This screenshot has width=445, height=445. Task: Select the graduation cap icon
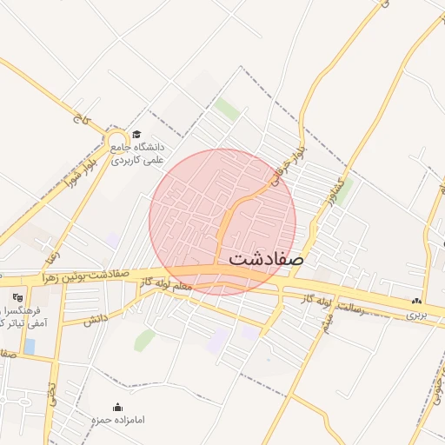click(x=136, y=134)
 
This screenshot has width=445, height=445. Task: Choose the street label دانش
click(x=95, y=319)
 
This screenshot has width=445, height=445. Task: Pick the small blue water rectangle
click(x=30, y=346)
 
